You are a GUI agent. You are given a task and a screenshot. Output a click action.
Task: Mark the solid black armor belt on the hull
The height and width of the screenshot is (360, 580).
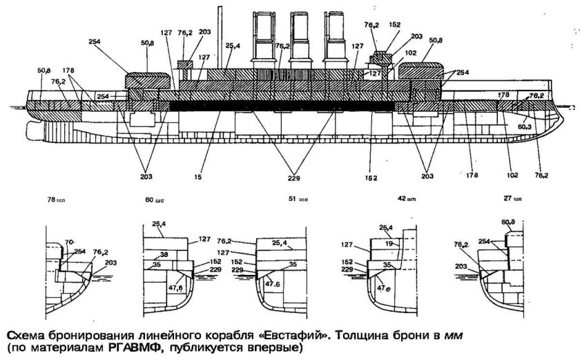click(x=276, y=106)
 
